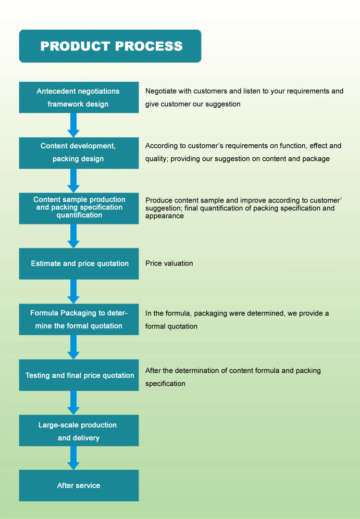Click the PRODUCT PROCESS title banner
110,46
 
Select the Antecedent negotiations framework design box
79,97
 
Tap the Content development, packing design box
79,153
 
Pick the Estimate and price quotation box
79,264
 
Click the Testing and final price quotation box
79,375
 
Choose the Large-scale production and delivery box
79,431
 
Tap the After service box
79,486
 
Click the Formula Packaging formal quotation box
79,320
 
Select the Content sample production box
79,209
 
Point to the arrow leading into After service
73,458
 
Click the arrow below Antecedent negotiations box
73,125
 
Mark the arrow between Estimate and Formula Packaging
73,292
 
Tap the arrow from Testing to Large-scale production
73,402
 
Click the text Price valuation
169,263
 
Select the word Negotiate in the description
161,91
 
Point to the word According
160,146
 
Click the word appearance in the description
165,216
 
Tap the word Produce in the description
158,200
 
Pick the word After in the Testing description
152,371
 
